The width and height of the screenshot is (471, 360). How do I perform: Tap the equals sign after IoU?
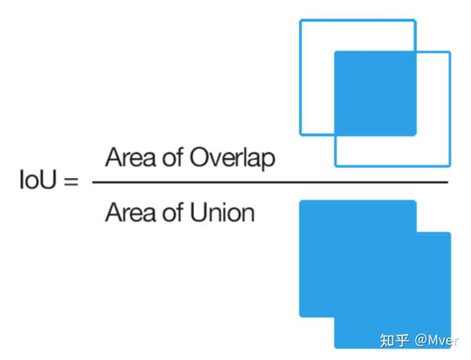click(71, 183)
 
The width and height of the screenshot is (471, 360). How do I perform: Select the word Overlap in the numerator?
click(233, 158)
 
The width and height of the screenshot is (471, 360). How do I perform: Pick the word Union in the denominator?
click(223, 212)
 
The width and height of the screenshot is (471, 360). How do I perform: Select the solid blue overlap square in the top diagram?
click(375, 92)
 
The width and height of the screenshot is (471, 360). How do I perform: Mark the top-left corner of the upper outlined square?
click(301, 20)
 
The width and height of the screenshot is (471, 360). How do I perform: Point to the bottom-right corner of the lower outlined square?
click(450, 165)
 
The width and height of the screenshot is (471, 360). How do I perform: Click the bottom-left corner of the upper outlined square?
click(301, 133)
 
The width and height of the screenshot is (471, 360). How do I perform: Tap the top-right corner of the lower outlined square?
click(450, 53)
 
